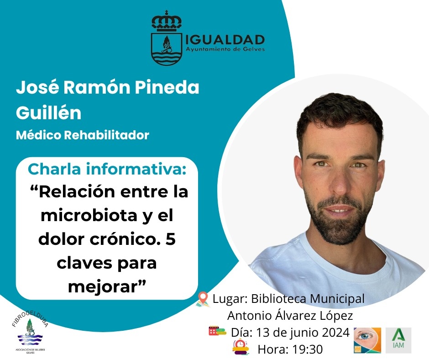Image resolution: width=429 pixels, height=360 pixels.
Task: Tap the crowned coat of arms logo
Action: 167,39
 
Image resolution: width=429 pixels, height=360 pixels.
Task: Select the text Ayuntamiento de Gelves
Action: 225,49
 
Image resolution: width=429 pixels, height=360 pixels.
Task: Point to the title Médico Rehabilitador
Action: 83,135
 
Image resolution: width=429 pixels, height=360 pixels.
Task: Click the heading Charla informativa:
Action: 107,169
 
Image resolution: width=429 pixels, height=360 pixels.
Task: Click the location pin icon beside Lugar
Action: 203,299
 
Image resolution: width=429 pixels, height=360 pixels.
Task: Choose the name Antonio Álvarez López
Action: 290,315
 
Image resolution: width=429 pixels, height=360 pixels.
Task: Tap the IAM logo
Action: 398,340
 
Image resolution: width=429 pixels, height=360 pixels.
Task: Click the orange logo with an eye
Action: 367,340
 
